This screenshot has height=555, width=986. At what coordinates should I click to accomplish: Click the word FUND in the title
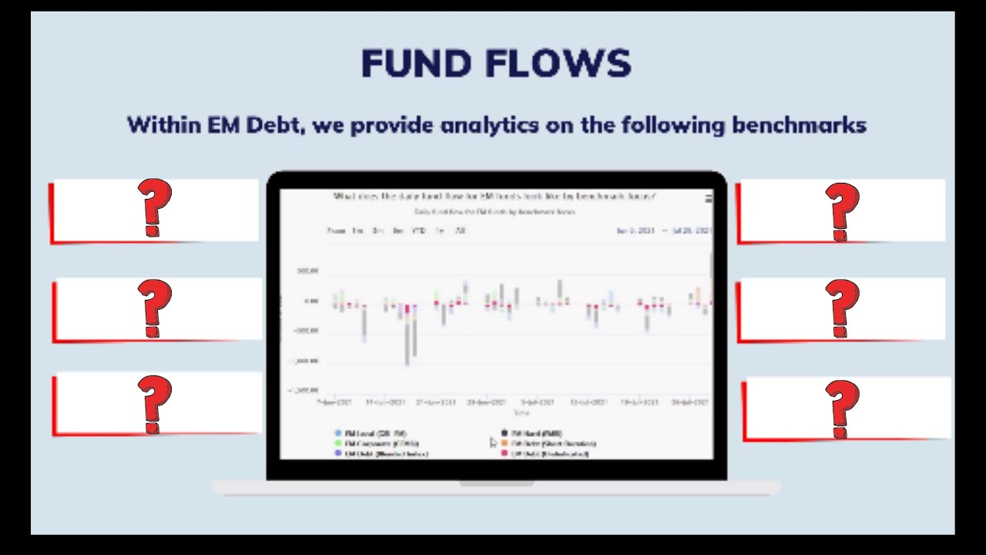[x=407, y=64]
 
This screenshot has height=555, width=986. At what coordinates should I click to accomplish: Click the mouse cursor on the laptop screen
[x=494, y=442]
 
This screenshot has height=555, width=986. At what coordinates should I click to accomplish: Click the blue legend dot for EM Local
[x=338, y=433]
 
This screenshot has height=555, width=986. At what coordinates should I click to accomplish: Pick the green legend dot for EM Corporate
[x=338, y=443]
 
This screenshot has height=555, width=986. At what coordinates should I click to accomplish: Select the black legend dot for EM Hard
[x=505, y=433]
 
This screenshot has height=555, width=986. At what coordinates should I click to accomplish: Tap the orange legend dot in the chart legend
[x=505, y=443]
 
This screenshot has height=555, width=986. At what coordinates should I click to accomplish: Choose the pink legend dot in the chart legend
[x=505, y=453]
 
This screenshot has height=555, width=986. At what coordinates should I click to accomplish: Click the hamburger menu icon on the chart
[x=709, y=198]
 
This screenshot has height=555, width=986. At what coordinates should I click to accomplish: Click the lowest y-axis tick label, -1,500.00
[x=304, y=391]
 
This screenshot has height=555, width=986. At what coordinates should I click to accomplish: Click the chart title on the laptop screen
[x=494, y=197]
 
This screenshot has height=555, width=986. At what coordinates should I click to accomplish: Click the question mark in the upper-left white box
[x=154, y=208]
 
